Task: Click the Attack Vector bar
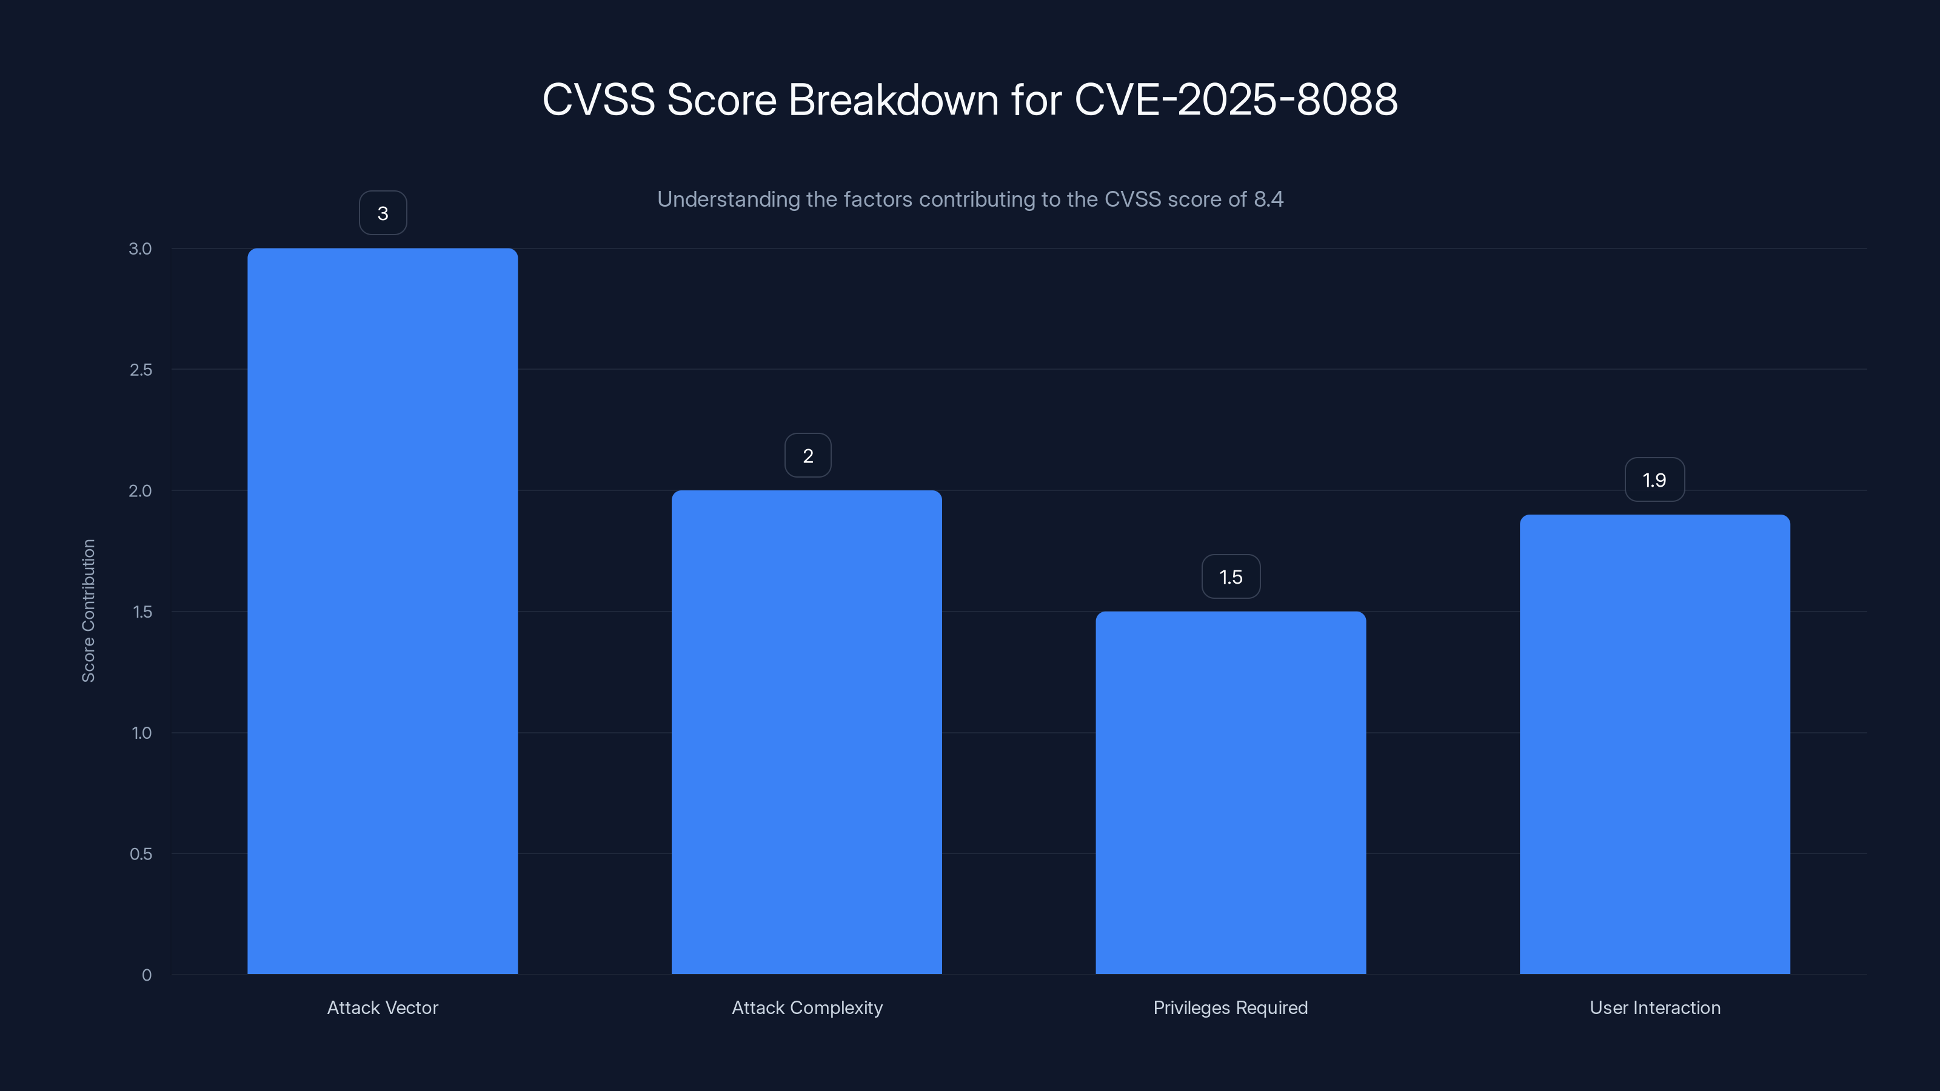(383, 610)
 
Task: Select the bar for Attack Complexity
(806, 732)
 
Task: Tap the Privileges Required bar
(1231, 792)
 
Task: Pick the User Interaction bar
(1654, 744)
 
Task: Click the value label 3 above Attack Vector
(383, 213)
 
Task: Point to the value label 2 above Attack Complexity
(808, 456)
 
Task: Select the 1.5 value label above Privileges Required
(1231, 577)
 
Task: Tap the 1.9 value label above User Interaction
(1654, 479)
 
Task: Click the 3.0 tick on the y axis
(140, 249)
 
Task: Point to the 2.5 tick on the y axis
(141, 370)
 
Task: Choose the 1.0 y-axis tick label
(142, 733)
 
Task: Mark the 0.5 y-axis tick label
(141, 854)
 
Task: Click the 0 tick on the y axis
(147, 975)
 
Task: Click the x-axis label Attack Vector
(383, 1007)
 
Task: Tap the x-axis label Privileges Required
(1231, 1007)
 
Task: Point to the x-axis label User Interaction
(1654, 1007)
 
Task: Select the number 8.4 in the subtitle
(1268, 199)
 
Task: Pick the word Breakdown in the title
(893, 99)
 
